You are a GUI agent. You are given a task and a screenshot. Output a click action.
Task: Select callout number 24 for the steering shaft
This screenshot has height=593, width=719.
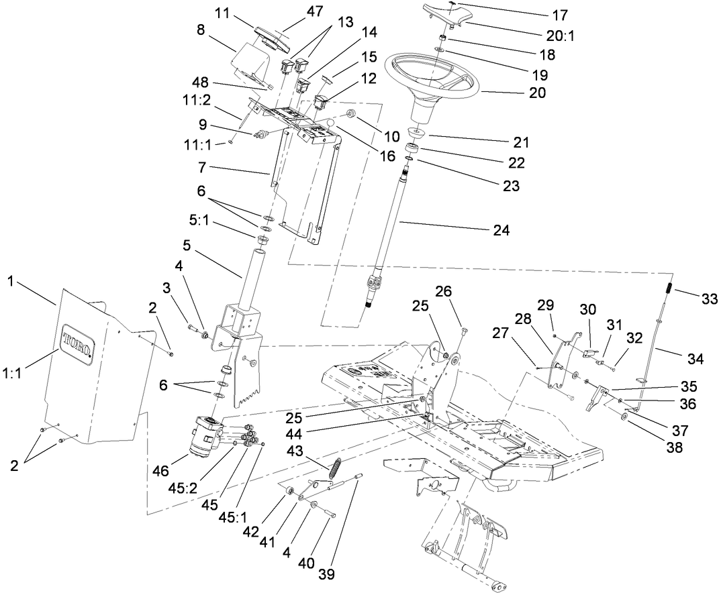point(500,231)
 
